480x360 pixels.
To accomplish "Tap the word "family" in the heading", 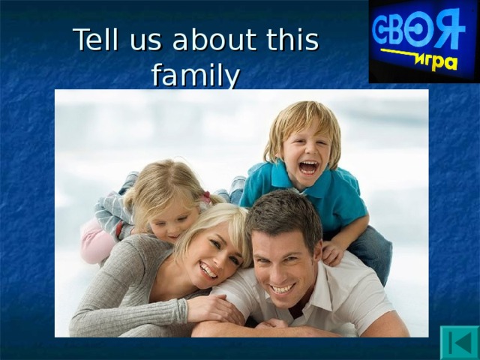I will (x=196, y=75).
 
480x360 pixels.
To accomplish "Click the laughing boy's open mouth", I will (x=308, y=167).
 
